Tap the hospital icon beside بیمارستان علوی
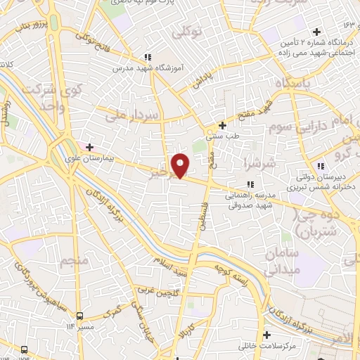[x=89, y=147]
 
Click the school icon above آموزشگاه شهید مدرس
[x=147, y=57]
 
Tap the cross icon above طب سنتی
[x=223, y=125]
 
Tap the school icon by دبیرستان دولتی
[x=320, y=166]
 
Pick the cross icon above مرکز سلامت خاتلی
[x=267, y=333]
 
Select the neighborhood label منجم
[x=75, y=262]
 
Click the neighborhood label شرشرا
[x=252, y=164]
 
